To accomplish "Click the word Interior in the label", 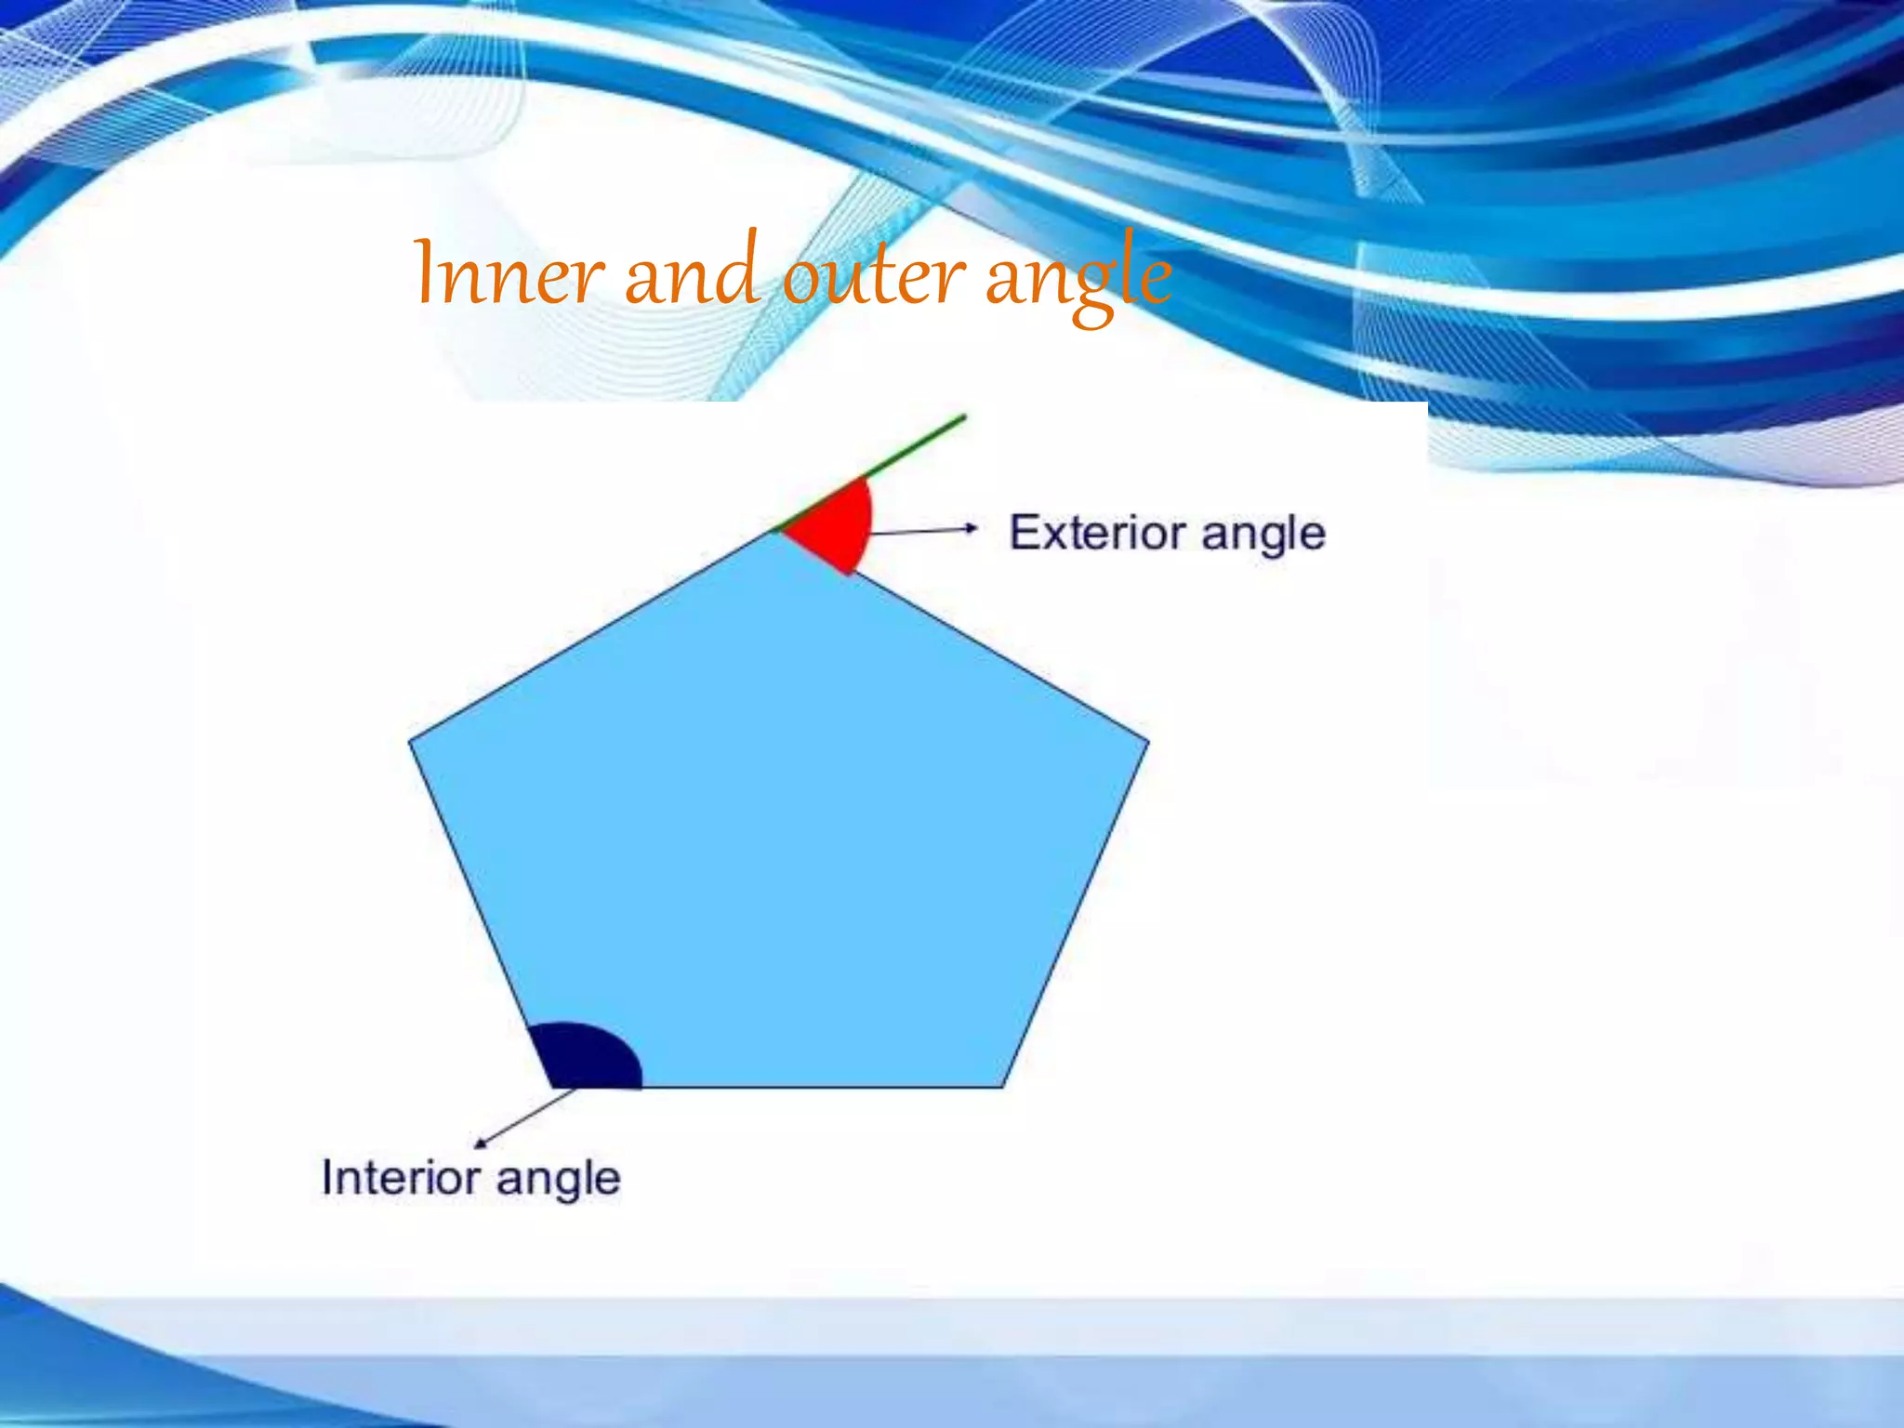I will point(401,1177).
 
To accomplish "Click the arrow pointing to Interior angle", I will point(525,1116).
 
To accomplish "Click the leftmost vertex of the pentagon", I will point(410,741).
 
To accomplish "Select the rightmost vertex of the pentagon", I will point(1148,742).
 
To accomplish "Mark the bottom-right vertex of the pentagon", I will point(1003,1086).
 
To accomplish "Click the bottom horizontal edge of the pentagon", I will point(818,1086).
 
